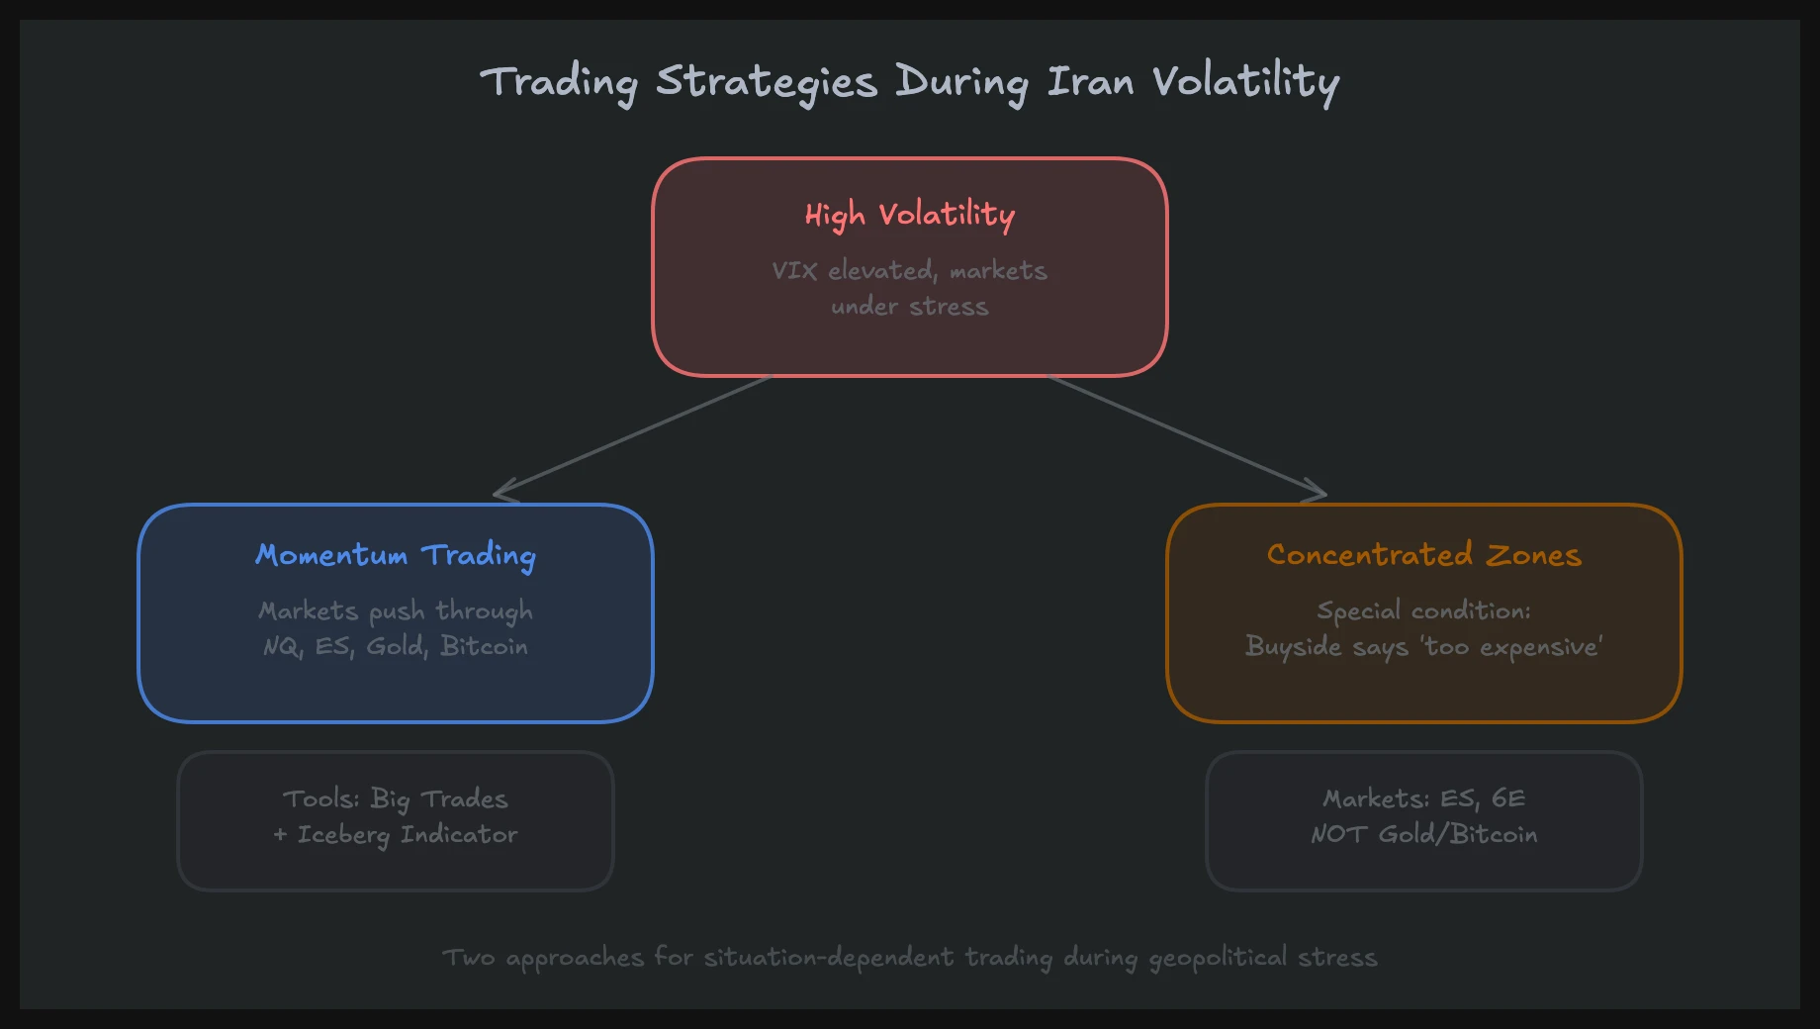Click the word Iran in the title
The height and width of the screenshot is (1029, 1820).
[x=1090, y=81]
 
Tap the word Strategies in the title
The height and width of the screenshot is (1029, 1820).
[x=767, y=81]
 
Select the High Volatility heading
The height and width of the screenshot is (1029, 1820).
[x=910, y=215]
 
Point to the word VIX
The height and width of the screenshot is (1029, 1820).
[x=794, y=270]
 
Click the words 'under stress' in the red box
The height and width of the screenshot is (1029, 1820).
[x=910, y=307]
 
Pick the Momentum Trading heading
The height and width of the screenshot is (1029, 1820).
[x=396, y=555]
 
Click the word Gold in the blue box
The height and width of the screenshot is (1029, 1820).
[x=396, y=646]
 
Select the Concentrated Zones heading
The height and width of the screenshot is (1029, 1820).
[x=1424, y=555]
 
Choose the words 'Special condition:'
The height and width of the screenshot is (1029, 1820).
[x=1424, y=610]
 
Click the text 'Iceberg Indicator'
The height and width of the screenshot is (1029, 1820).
[x=408, y=835]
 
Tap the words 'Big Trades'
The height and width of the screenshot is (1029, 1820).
[x=439, y=798]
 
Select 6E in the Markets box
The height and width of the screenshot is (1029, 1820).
[x=1508, y=798]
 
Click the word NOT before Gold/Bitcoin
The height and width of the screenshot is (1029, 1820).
[x=1338, y=835]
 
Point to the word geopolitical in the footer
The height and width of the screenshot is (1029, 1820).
[x=1218, y=958]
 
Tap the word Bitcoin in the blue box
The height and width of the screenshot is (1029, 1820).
[x=485, y=646]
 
